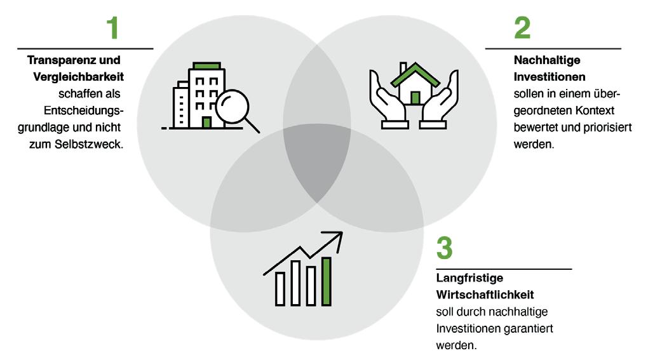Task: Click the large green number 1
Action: click(x=112, y=28)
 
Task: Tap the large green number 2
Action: click(x=522, y=28)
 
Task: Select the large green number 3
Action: click(x=444, y=248)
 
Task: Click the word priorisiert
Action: click(x=606, y=127)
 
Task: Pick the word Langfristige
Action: click(x=470, y=278)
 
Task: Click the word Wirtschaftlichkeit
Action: click(x=485, y=295)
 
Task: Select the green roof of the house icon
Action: click(x=415, y=74)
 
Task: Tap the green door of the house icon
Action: click(x=415, y=97)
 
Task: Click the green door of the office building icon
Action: click(x=207, y=121)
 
